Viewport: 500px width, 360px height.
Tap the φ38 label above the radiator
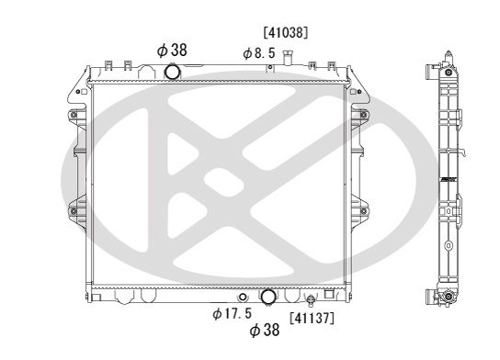click(x=172, y=51)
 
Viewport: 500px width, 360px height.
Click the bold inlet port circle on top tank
click(x=172, y=73)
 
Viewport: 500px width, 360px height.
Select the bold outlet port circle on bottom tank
click(x=268, y=298)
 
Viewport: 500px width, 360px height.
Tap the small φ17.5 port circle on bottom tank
click(x=241, y=298)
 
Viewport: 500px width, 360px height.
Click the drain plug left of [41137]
click(x=311, y=300)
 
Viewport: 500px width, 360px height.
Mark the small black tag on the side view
click(x=448, y=178)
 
